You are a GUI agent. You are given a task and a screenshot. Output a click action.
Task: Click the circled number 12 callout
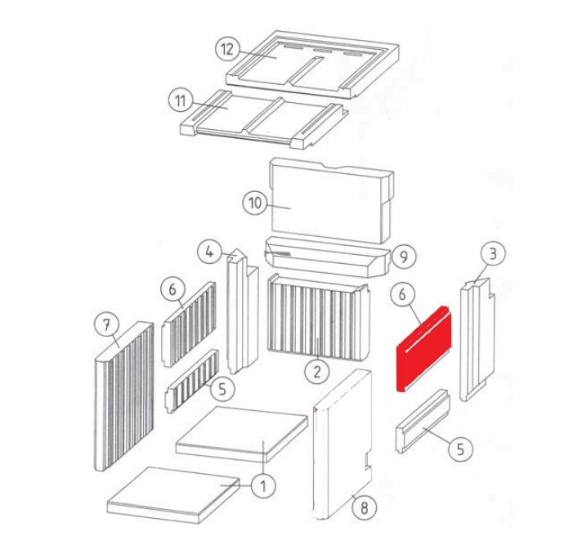click(x=227, y=49)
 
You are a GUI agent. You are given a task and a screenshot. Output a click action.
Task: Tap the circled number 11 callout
click(x=181, y=101)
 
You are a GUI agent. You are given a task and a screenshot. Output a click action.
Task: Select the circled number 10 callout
click(x=255, y=202)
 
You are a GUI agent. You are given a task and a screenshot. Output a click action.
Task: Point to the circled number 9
click(x=404, y=257)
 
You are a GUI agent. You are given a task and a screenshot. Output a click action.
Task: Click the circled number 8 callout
click(x=364, y=507)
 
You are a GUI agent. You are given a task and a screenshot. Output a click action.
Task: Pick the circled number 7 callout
click(x=106, y=324)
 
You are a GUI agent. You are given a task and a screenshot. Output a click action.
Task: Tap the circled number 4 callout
click(x=209, y=251)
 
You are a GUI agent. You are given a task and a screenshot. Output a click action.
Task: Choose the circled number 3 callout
click(x=493, y=253)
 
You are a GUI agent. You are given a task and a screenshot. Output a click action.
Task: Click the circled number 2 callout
click(x=317, y=372)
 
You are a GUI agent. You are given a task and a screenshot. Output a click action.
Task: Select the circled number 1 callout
click(x=263, y=486)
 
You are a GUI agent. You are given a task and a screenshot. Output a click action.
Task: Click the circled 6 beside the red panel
click(x=402, y=294)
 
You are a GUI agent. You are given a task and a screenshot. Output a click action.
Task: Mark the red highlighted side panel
click(x=424, y=349)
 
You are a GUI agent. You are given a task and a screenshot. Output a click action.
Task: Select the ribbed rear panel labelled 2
click(x=319, y=317)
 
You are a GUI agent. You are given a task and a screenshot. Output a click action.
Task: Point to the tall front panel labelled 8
click(x=342, y=445)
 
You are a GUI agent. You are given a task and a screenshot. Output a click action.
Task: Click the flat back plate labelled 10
click(x=331, y=200)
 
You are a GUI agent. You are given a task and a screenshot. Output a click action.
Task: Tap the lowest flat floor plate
click(x=174, y=494)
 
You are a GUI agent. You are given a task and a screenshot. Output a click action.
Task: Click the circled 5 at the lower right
click(x=460, y=449)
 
